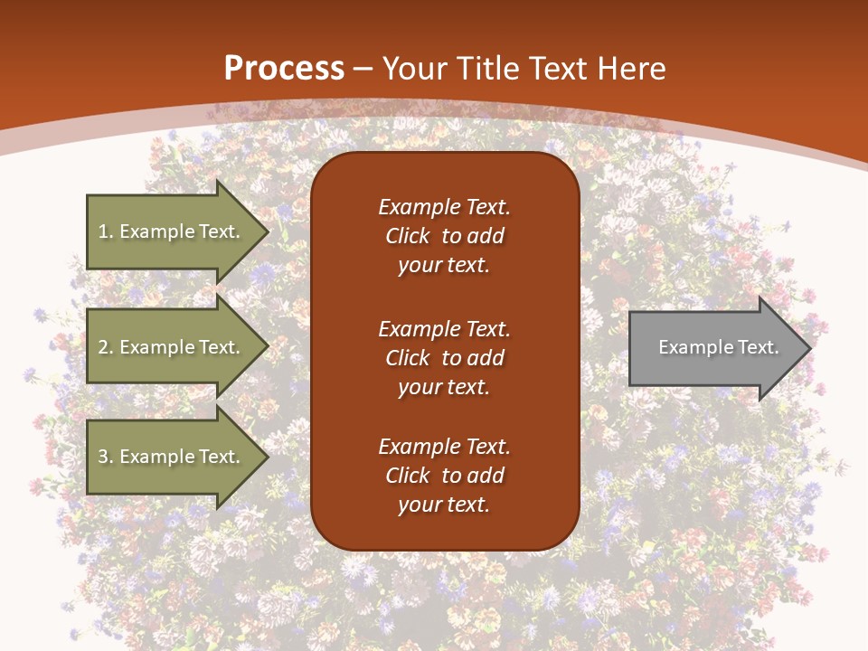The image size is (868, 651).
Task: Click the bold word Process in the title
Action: pyautogui.click(x=284, y=69)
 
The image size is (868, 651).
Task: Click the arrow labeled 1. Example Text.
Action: pyautogui.click(x=172, y=231)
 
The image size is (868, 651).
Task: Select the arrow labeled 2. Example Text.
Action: pyautogui.click(x=172, y=347)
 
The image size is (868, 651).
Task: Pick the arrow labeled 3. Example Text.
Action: pyautogui.click(x=172, y=457)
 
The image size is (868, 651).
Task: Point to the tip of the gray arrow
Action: pyautogui.click(x=809, y=348)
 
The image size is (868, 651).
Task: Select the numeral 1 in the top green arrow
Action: pyautogui.click(x=103, y=231)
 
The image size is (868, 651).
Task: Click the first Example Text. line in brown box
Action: pyautogui.click(x=444, y=207)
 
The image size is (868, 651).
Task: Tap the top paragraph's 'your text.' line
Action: pyautogui.click(x=444, y=265)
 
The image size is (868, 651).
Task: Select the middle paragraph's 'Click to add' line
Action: pyautogui.click(x=444, y=358)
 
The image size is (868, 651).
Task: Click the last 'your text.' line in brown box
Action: pyautogui.click(x=444, y=505)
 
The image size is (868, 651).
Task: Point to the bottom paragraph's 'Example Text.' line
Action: pyautogui.click(x=444, y=447)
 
